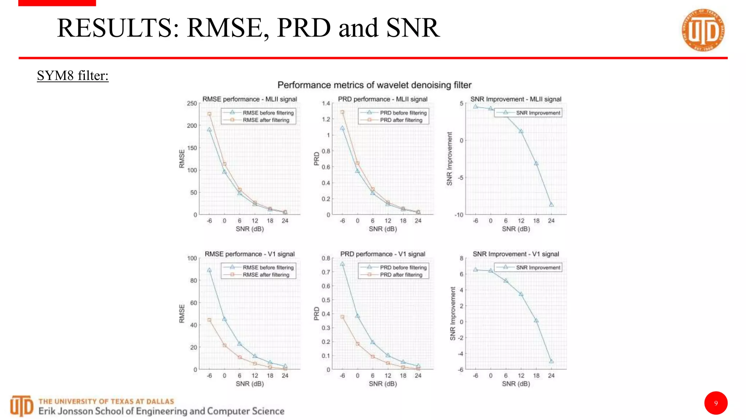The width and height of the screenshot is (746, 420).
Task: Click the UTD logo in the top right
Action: click(703, 30)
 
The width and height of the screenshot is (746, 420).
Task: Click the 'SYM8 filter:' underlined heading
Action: click(73, 76)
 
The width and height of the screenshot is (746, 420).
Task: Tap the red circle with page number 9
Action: click(716, 403)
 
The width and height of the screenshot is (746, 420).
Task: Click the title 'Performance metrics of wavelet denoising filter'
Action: click(374, 85)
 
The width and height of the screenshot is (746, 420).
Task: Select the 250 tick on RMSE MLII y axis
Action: click(192, 104)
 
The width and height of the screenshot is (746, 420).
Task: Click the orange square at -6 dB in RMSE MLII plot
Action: click(209, 114)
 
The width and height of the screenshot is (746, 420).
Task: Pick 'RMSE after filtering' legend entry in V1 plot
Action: click(266, 275)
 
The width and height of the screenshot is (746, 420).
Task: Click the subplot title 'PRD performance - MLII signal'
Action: click(382, 99)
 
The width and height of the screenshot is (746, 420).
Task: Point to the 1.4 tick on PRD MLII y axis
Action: click(326, 104)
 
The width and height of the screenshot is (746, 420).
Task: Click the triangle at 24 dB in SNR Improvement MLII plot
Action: click(551, 205)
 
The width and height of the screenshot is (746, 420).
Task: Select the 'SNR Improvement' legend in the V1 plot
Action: click(538, 268)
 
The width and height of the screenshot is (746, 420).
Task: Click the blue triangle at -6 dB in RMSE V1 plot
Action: click(209, 270)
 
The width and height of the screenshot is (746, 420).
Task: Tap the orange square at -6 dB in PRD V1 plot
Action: click(342, 317)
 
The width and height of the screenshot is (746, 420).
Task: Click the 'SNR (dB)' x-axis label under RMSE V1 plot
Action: click(250, 384)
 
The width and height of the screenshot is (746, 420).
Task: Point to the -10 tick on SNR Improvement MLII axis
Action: click(459, 215)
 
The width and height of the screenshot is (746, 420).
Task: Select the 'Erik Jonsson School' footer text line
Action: click(161, 411)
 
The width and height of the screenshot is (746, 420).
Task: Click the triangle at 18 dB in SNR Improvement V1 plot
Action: click(536, 320)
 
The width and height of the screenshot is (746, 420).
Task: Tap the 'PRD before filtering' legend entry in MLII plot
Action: click(403, 113)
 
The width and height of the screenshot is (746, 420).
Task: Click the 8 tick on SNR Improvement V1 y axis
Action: click(462, 258)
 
